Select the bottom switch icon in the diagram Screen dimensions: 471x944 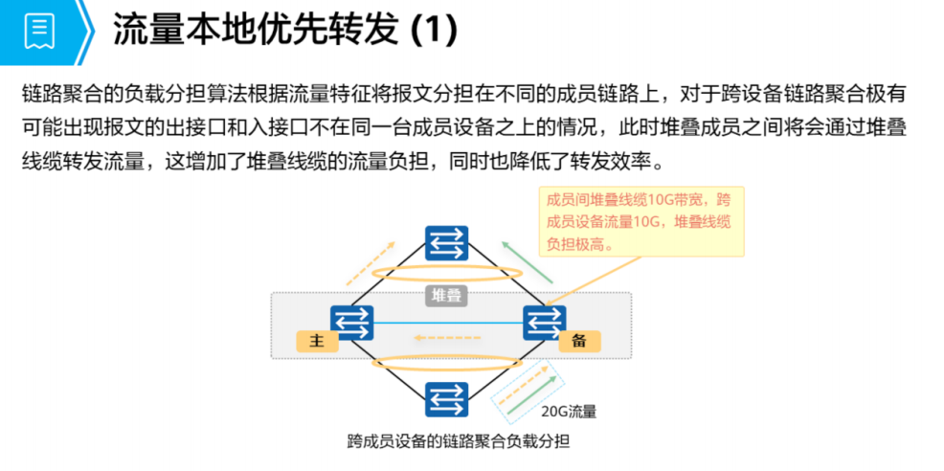447,399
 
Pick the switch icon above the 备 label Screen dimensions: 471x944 544,322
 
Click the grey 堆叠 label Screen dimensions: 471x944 447,295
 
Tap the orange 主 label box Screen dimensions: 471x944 319,342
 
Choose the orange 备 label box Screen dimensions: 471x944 578,342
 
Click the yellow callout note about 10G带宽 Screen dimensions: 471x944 641,220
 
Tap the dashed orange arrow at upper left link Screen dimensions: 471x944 370,262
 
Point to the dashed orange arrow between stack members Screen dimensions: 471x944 446,337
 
